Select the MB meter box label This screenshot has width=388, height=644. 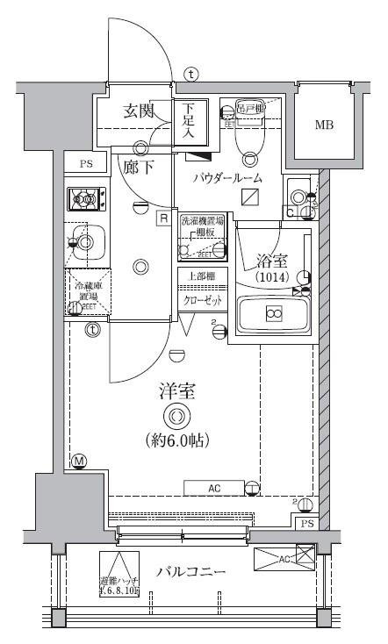(325, 125)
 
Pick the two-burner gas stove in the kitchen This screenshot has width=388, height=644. (86, 199)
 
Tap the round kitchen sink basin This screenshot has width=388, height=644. (84, 239)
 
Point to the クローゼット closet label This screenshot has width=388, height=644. (203, 300)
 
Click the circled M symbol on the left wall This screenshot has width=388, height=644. (79, 462)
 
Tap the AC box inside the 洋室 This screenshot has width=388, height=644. (214, 487)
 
